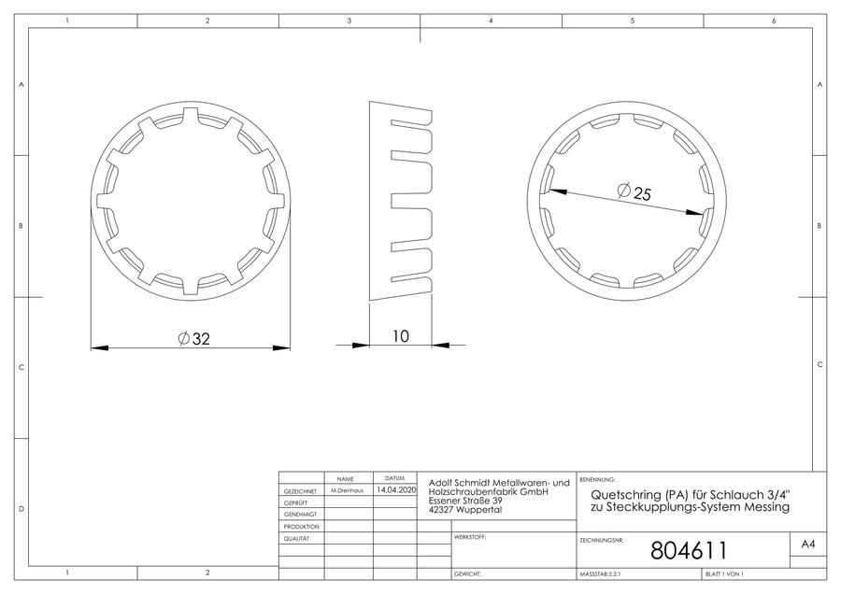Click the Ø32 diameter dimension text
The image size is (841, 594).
(194, 339)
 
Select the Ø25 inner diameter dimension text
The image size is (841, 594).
(634, 191)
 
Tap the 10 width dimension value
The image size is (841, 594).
(401, 336)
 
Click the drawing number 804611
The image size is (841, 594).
(689, 551)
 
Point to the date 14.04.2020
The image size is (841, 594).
(396, 490)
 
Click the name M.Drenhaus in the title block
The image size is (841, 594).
(347, 490)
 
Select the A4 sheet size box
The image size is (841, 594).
(808, 544)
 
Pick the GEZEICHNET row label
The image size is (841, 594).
(300, 491)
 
